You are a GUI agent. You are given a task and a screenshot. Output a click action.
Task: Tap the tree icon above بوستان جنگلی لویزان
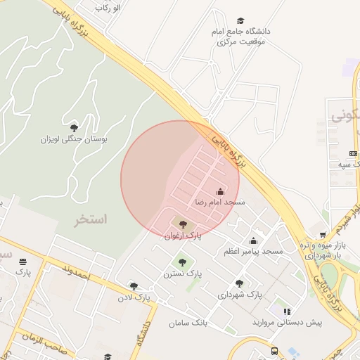[74, 127]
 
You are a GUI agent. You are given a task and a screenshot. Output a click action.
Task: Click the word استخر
[91, 220]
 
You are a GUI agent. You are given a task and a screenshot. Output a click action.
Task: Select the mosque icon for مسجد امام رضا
[220, 191]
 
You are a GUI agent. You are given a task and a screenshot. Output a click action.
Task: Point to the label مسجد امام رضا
[220, 202]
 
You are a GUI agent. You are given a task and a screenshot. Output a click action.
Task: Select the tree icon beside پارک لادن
[134, 286]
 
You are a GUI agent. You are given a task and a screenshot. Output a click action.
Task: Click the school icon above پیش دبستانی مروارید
[287, 311]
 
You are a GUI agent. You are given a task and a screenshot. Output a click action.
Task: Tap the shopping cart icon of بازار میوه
[323, 235]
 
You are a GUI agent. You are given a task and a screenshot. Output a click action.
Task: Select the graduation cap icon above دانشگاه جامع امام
[241, 21]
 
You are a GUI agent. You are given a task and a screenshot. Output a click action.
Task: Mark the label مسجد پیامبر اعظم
[253, 252]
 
